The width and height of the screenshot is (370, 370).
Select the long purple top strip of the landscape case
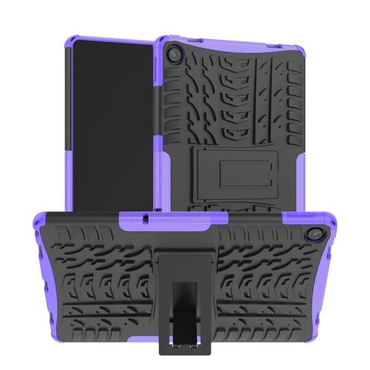[185, 216]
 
